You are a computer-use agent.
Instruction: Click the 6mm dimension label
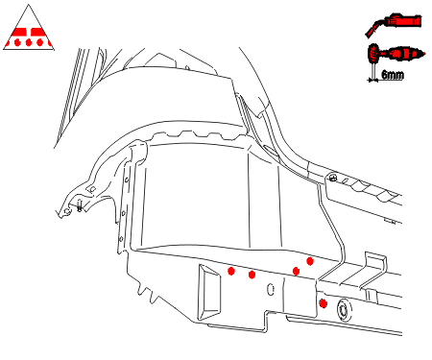393,75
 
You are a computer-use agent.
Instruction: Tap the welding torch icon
394,24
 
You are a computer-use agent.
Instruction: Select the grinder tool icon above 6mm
396,54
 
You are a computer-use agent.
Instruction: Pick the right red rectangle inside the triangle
37,32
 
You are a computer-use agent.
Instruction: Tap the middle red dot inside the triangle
29,42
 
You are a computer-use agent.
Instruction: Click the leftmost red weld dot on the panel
231,271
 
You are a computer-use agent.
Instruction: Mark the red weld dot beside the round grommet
324,303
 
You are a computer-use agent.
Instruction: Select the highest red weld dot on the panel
309,261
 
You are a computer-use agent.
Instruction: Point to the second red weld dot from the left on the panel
252,275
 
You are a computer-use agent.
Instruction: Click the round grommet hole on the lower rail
343,310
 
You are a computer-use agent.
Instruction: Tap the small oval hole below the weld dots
271,290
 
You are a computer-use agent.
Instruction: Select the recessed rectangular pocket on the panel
209,292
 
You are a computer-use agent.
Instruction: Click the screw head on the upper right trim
333,178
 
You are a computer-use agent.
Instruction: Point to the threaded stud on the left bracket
80,205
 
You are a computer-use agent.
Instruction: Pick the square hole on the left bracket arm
92,189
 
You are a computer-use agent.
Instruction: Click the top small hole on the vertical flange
127,180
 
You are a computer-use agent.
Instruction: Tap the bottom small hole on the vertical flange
121,239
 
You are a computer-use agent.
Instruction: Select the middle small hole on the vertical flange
124,213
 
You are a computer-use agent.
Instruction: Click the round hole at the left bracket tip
67,211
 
